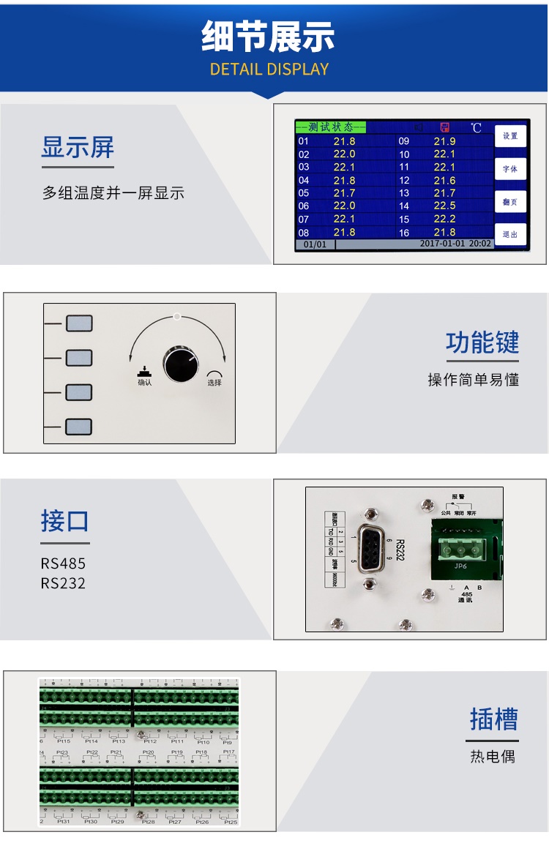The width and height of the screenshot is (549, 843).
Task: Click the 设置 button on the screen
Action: pos(510,136)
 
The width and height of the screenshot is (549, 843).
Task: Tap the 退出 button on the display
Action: pos(510,234)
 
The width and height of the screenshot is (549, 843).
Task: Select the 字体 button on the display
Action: pos(510,169)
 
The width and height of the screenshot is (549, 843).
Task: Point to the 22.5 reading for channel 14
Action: pos(444,206)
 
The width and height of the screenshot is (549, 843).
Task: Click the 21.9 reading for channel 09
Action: pos(444,140)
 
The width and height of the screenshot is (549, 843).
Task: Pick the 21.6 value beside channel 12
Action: pos(444,180)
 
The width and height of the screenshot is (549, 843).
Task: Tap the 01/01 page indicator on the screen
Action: pos(315,244)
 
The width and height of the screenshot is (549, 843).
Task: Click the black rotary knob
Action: pos(181,364)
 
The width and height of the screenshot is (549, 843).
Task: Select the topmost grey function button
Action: pos(79,323)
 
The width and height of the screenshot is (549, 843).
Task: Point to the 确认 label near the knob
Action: pos(145,382)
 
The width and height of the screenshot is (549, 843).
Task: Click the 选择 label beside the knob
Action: pos(214,382)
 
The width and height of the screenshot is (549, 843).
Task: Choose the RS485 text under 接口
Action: pos(63,563)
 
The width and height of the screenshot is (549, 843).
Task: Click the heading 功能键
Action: pos(482,342)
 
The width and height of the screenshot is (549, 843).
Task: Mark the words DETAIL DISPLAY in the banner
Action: pos(269,70)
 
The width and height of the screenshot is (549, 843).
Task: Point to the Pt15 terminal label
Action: pos(64,741)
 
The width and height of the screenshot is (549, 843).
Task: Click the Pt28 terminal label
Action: pos(149,822)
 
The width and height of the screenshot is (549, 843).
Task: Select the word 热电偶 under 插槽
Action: pos(493,756)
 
